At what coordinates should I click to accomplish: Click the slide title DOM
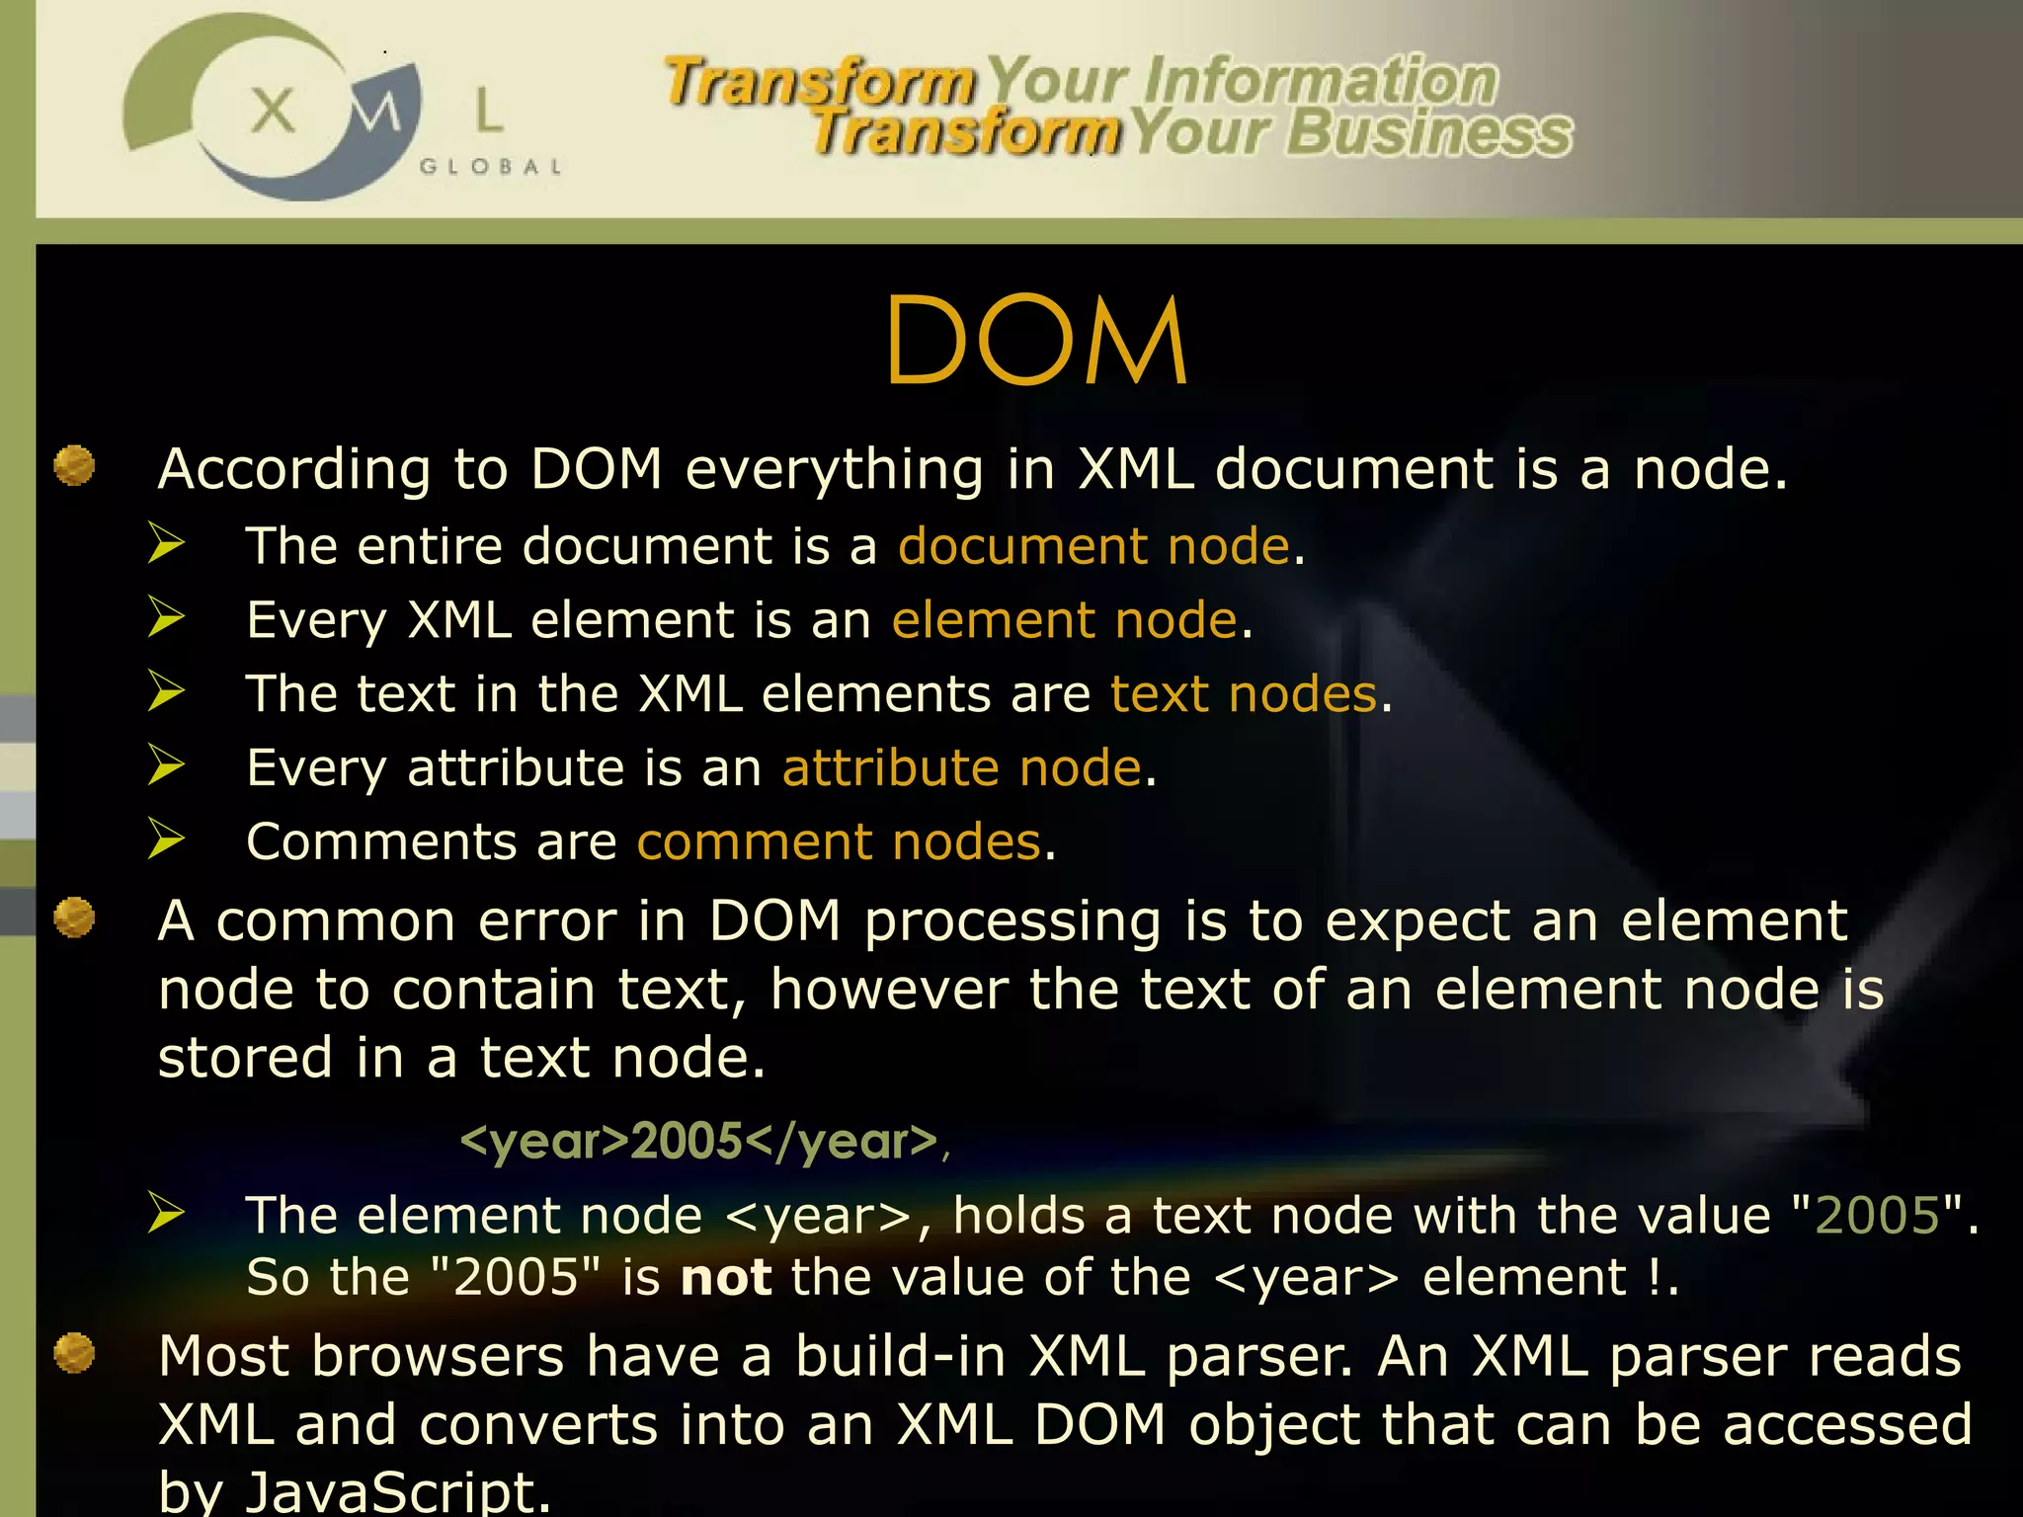pyautogui.click(x=1036, y=341)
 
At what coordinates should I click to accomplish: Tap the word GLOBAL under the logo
pyautogui.click(x=491, y=167)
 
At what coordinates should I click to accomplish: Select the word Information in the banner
pyautogui.click(x=1321, y=81)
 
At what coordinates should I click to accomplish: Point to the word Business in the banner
pyautogui.click(x=1429, y=133)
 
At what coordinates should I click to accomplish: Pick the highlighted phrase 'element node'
pyautogui.click(x=1065, y=620)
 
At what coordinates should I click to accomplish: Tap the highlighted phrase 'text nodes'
pyautogui.click(x=1244, y=694)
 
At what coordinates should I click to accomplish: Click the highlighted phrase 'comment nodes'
pyautogui.click(x=840, y=842)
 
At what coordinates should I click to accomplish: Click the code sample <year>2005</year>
pyautogui.click(x=699, y=1142)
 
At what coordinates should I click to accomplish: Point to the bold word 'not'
pyautogui.click(x=726, y=1278)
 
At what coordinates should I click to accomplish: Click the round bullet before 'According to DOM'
pyautogui.click(x=74, y=466)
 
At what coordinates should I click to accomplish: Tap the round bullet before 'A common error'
pyautogui.click(x=74, y=918)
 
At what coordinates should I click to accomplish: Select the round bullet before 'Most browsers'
pyautogui.click(x=74, y=1353)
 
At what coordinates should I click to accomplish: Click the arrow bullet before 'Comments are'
pyautogui.click(x=166, y=839)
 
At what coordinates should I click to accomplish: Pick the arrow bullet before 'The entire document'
pyautogui.click(x=166, y=543)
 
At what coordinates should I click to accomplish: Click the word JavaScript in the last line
pyautogui.click(x=397, y=1491)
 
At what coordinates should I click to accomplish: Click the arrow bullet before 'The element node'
pyautogui.click(x=166, y=1212)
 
